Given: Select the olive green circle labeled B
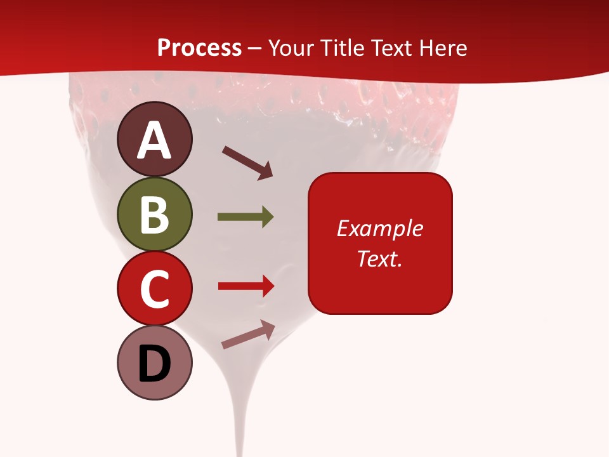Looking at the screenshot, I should [155, 214].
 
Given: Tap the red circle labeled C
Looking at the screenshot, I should [155, 288].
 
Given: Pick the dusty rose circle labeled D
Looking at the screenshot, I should [155, 362].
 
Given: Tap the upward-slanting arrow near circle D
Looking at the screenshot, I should [248, 334].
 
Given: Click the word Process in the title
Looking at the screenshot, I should [199, 48].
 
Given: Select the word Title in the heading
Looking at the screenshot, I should [343, 48].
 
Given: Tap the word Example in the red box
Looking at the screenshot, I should [379, 228].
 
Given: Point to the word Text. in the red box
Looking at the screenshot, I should [379, 258].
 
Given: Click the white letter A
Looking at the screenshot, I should [155, 141].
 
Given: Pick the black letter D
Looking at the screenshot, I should [155, 365].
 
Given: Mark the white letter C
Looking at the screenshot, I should [155, 289].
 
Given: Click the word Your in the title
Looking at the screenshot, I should [291, 48].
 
